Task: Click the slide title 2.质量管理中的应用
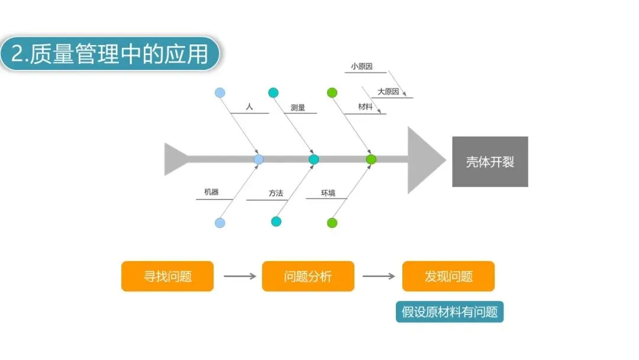tap(109, 54)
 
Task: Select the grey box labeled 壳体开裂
tap(490, 162)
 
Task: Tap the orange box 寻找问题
tap(167, 276)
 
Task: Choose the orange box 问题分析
tap(308, 276)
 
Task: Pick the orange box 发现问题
tap(448, 276)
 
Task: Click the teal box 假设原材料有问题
tap(450, 311)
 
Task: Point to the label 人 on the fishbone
tap(249, 107)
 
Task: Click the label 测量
tap(298, 108)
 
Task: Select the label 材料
tap(365, 107)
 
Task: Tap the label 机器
tap(211, 192)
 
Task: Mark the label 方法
tap(276, 193)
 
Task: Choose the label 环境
tap(328, 193)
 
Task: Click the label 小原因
tap(361, 67)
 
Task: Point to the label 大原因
tap(388, 92)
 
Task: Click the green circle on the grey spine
tap(371, 159)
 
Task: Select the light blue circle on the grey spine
tap(259, 159)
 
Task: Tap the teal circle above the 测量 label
tap(273, 92)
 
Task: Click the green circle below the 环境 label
tap(332, 223)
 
